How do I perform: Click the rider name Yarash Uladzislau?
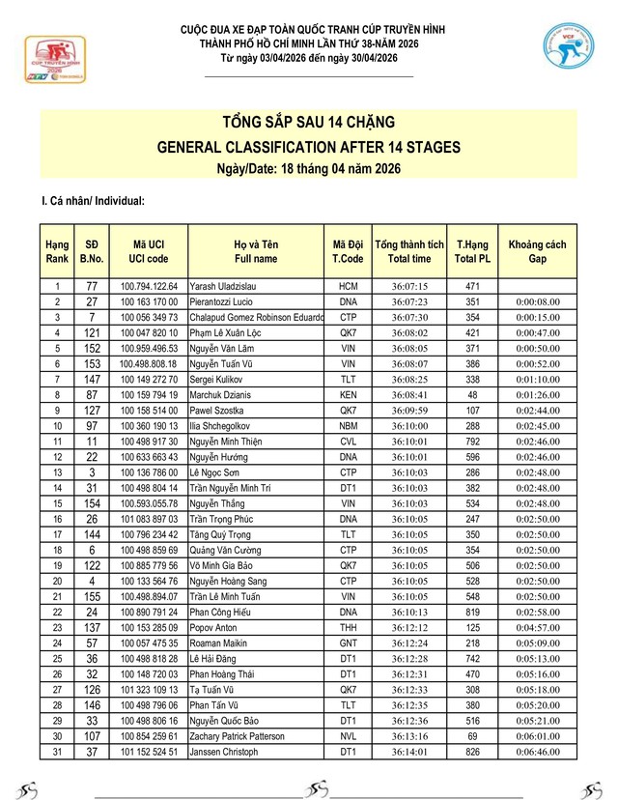click(x=221, y=287)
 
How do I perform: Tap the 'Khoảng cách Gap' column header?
click(x=537, y=252)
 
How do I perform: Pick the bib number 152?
click(x=92, y=349)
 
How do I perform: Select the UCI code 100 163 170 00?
click(x=149, y=302)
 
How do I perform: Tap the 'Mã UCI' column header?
click(x=149, y=252)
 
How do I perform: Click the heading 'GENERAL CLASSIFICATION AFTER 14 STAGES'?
click(x=308, y=147)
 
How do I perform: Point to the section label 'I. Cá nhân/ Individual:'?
click(x=93, y=201)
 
